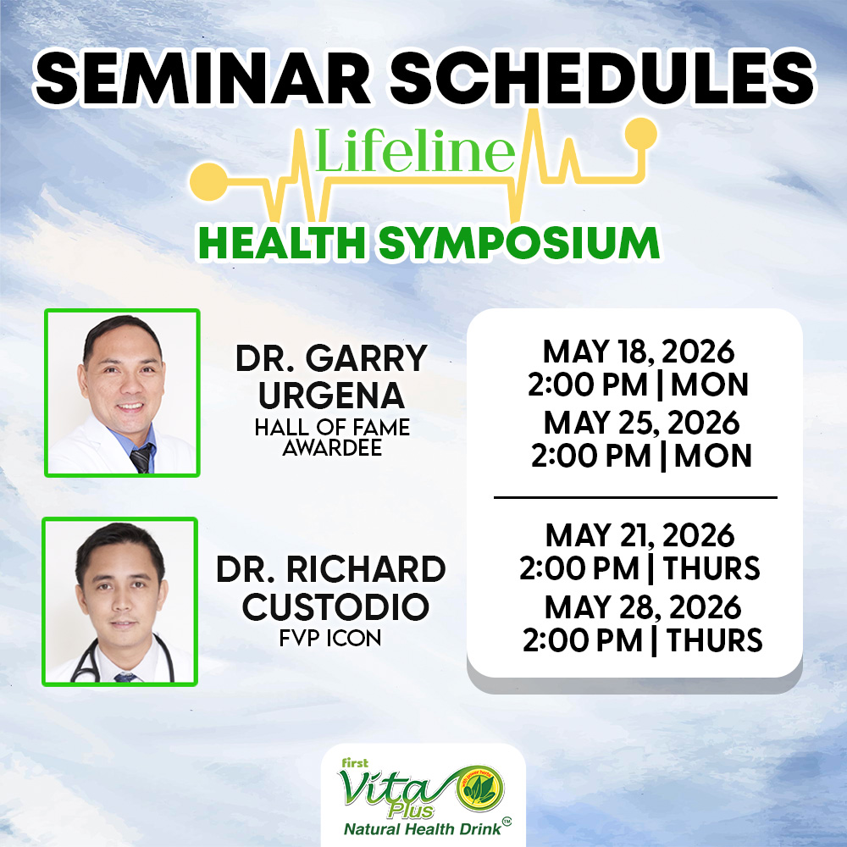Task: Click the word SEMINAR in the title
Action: [x=202, y=78]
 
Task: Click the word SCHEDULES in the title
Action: [x=601, y=78]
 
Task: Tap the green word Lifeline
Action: [x=414, y=150]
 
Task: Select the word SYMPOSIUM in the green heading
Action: [x=518, y=244]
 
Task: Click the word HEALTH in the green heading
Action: [x=282, y=243]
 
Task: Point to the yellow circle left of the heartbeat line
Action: [x=209, y=181]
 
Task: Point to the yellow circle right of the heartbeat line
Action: [x=640, y=133]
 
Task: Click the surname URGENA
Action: [x=331, y=396]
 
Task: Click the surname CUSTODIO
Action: [x=335, y=606]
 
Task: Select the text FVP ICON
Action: [x=330, y=639]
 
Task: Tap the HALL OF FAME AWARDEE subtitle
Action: [x=332, y=437]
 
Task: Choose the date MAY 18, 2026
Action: [x=639, y=352]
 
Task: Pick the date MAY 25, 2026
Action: [x=641, y=423]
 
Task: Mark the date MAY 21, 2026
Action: [x=639, y=536]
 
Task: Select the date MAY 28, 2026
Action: [x=643, y=607]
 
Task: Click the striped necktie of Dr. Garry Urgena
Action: [x=141, y=458]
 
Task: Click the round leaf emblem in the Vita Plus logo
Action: [x=479, y=789]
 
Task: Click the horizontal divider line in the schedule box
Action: [x=635, y=497]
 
